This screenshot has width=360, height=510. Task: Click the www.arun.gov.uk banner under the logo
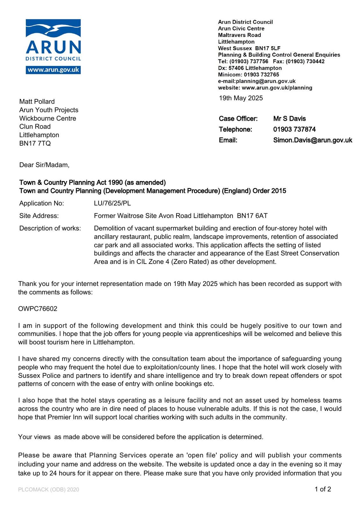(53, 70)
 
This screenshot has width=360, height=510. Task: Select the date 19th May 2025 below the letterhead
(241, 98)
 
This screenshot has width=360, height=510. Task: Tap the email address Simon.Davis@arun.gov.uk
(313, 140)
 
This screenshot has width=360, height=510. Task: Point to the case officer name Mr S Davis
(289, 119)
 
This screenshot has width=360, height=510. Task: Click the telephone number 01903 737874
(294, 129)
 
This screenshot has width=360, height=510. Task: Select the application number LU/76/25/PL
(112, 203)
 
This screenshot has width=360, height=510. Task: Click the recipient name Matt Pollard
(37, 102)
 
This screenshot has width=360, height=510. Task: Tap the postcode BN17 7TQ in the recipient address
(35, 143)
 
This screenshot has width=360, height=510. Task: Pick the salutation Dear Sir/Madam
(44, 165)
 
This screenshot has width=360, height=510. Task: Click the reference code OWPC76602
(38, 309)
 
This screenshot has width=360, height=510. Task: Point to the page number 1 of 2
(323, 489)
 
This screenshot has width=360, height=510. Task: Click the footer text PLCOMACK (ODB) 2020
(48, 490)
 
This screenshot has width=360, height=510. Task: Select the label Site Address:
(39, 216)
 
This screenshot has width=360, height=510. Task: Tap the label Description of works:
(50, 228)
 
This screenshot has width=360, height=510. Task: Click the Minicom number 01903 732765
(261, 75)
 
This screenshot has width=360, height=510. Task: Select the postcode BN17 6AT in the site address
(252, 216)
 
